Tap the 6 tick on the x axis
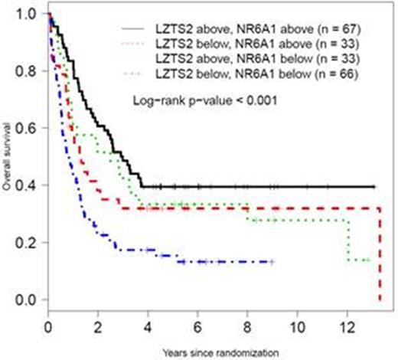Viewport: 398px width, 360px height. (198, 324)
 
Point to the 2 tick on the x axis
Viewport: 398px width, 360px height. (98, 324)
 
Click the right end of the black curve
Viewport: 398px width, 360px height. (374, 186)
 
